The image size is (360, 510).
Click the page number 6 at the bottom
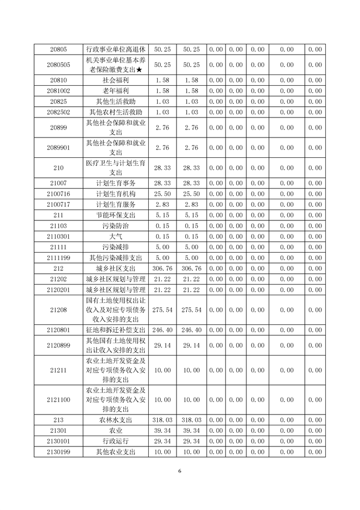[x=179, y=471]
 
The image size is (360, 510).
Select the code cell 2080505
[x=59, y=65]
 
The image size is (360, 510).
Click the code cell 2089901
[x=59, y=148]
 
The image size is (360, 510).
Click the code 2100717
[x=59, y=204]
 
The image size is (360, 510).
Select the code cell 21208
[x=59, y=310]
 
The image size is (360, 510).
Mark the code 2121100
[x=59, y=400]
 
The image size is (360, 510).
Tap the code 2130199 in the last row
[x=59, y=452]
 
